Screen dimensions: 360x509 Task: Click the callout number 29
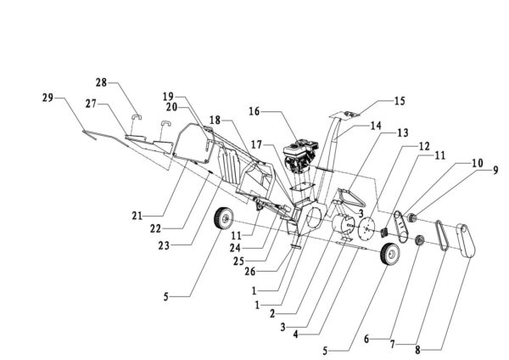(48, 99)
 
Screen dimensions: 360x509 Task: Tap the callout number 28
(102, 82)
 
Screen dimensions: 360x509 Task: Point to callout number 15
(399, 100)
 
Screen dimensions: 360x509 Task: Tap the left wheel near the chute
(224, 218)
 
